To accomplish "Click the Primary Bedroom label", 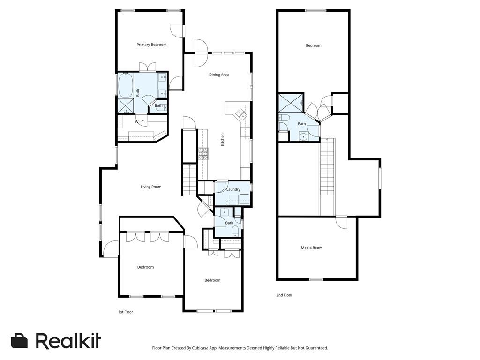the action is click(151, 45).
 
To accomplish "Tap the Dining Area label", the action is click(219, 75).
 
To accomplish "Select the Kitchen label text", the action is click(223, 140).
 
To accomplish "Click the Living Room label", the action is click(151, 187).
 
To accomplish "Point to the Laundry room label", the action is click(233, 189).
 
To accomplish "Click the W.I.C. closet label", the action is click(140, 122).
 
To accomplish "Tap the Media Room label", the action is click(311, 247).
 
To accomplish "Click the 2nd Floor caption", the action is click(285, 295).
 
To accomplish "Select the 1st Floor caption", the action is click(126, 312).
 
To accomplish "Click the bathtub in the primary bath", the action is click(125, 85).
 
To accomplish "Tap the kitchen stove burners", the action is click(203, 154).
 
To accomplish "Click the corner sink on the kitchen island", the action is click(241, 113).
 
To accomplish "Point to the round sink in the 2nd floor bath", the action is click(303, 136).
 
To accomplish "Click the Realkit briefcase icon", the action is click(19, 341).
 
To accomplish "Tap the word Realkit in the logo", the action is click(68, 340).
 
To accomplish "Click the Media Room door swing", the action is click(341, 222).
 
